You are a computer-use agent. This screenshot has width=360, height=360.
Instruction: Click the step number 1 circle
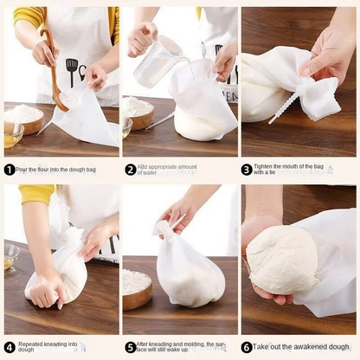pos(10,170)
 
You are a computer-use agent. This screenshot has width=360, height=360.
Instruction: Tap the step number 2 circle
pos(130,170)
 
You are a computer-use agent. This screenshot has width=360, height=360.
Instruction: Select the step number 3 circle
pos(247,170)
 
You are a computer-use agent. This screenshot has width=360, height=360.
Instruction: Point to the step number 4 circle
pos(10,347)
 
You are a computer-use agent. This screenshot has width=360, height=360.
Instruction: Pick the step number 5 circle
pos(130,347)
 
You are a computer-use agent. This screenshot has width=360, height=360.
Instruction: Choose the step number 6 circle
pos(247,347)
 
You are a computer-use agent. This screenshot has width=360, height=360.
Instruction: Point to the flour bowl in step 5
pos(137,289)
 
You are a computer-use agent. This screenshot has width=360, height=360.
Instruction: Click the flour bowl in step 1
pos(24,119)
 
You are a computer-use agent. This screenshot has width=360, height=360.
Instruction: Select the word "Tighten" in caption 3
pos(267,166)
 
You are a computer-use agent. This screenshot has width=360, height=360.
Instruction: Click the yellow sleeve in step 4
pos(35,195)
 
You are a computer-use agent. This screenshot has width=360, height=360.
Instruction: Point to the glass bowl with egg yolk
pos(10,136)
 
